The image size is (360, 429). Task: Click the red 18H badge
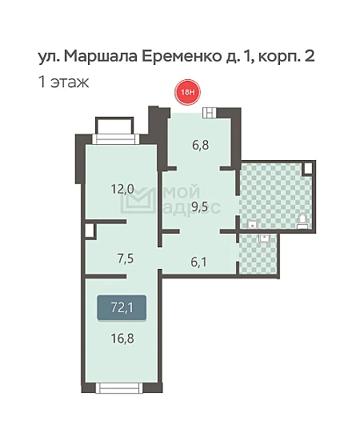(x=188, y=92)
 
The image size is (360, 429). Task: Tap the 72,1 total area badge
(x=122, y=308)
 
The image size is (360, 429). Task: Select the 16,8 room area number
(x=122, y=339)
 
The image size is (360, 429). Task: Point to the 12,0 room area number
(x=122, y=189)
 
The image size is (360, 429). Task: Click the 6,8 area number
(x=201, y=146)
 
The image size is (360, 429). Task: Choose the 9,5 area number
(x=199, y=207)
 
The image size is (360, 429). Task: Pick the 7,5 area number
(x=126, y=259)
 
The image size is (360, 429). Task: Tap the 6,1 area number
(x=198, y=263)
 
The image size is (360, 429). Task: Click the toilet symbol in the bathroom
(x=303, y=221)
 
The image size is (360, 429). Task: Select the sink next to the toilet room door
(x=253, y=225)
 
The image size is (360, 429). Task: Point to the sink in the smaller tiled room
(x=265, y=239)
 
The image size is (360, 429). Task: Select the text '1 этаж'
(x=64, y=82)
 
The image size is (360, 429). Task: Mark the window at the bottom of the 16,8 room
(x=119, y=387)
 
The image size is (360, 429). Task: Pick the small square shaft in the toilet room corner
(x=308, y=167)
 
